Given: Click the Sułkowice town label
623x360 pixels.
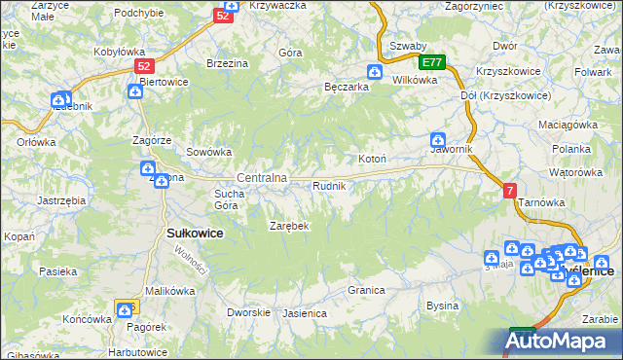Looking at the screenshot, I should (196, 234).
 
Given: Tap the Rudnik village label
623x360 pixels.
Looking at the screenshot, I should (328, 185).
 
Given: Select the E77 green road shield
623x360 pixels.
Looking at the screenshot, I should (433, 62).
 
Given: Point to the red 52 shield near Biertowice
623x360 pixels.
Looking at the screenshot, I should (144, 66).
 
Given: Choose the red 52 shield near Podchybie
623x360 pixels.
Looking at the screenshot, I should (224, 16).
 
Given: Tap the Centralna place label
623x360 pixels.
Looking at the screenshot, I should (262, 178).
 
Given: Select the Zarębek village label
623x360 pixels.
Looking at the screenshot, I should (289, 226).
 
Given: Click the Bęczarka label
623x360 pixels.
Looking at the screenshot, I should (346, 87).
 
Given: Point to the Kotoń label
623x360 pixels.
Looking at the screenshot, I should (373, 159).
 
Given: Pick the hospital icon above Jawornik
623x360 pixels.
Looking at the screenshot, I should (439, 140).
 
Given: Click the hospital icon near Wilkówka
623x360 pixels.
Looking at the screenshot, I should (375, 71).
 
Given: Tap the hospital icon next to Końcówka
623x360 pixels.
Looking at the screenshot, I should (125, 310).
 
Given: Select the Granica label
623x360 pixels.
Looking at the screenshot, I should (367, 290).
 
